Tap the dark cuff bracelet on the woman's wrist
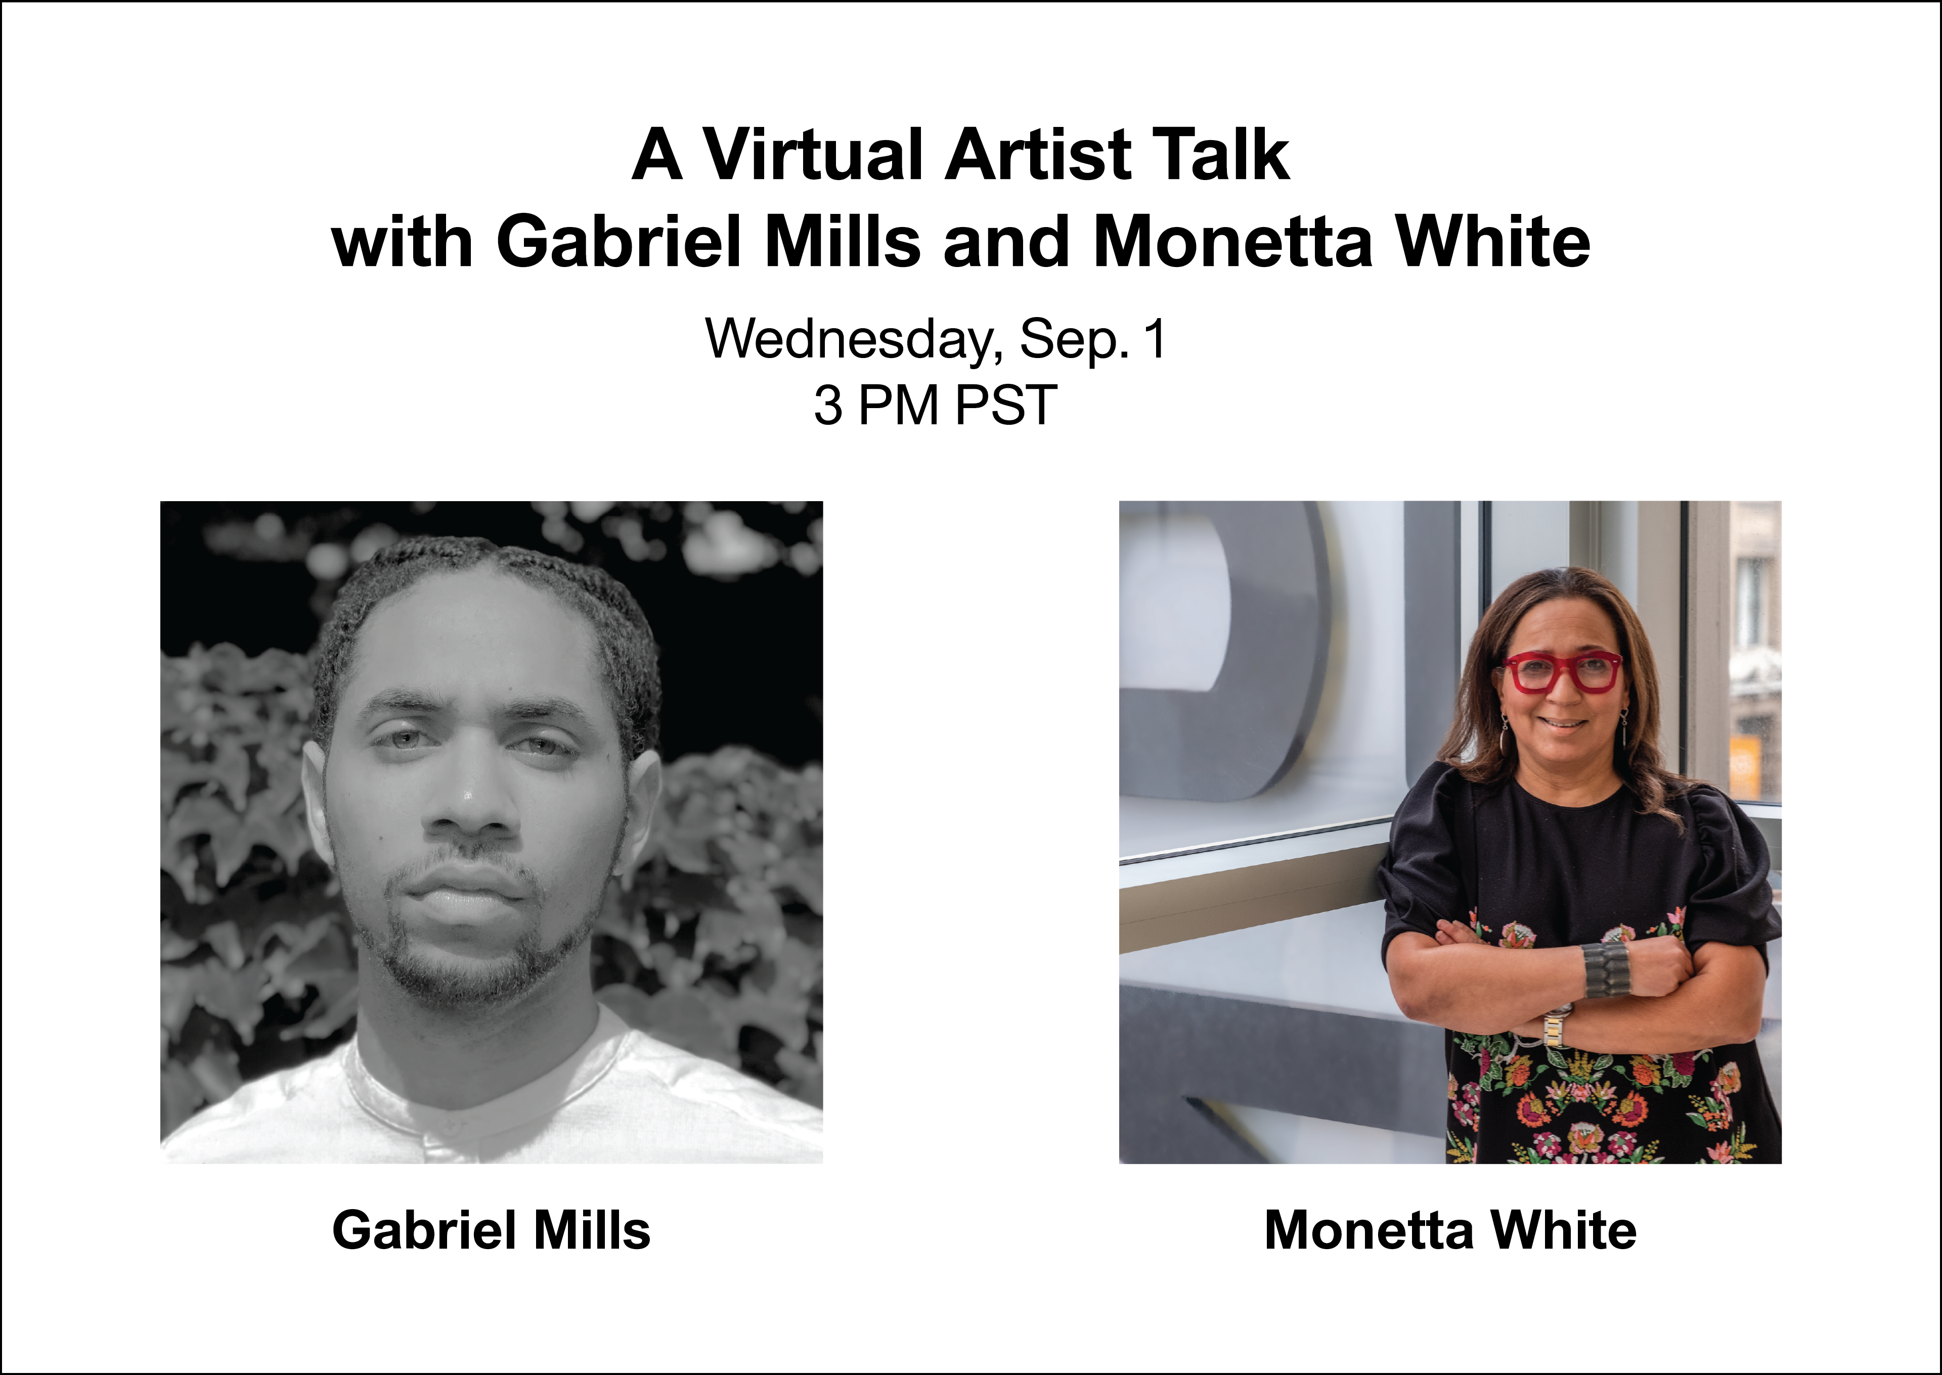[1605, 968]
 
